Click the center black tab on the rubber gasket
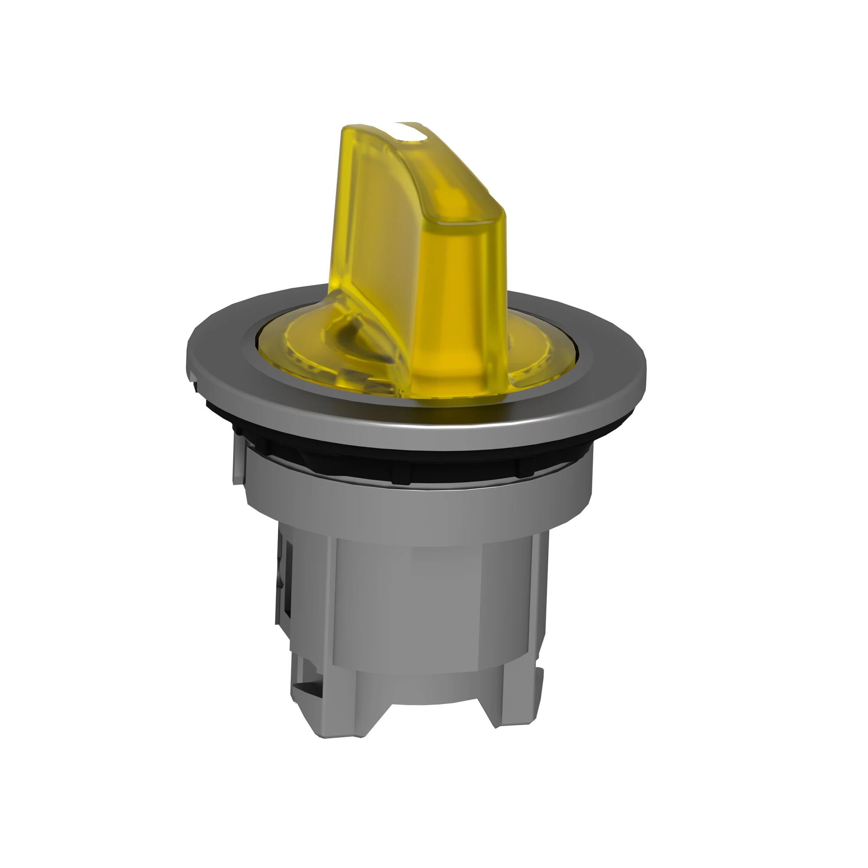click(401, 475)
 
